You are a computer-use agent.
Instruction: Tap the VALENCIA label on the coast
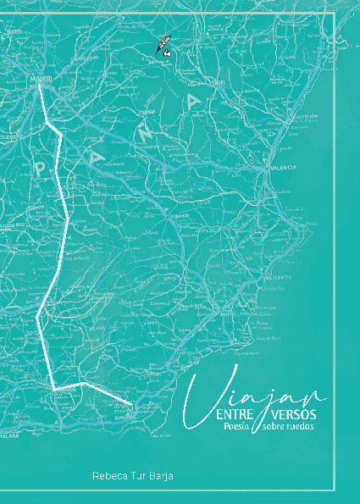click(x=283, y=168)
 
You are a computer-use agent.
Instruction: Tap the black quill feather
click(x=160, y=47)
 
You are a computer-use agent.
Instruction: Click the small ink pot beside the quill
click(x=169, y=55)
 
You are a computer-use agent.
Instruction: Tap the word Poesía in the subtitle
click(x=240, y=427)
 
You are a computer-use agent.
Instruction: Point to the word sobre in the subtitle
click(x=275, y=428)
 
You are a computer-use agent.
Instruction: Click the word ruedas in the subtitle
click(x=301, y=428)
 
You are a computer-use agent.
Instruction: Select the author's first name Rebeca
click(x=110, y=478)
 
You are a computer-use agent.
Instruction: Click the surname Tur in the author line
click(x=140, y=478)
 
